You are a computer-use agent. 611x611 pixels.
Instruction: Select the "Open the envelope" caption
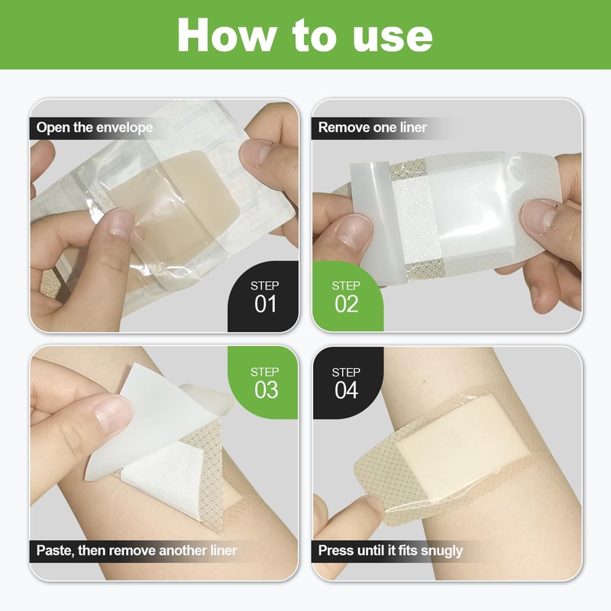click(94, 128)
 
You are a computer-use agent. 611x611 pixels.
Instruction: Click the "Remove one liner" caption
click(373, 128)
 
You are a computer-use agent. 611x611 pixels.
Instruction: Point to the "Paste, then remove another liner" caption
click(137, 551)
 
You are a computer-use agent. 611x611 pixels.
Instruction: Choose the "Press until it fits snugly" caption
click(390, 551)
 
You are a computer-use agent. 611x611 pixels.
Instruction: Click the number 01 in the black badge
click(266, 304)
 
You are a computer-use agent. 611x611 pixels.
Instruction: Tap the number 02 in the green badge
click(347, 304)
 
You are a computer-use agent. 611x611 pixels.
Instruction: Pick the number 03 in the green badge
click(266, 390)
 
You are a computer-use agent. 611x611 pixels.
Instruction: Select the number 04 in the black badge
click(347, 390)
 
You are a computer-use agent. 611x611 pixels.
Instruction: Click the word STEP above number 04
click(346, 373)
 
